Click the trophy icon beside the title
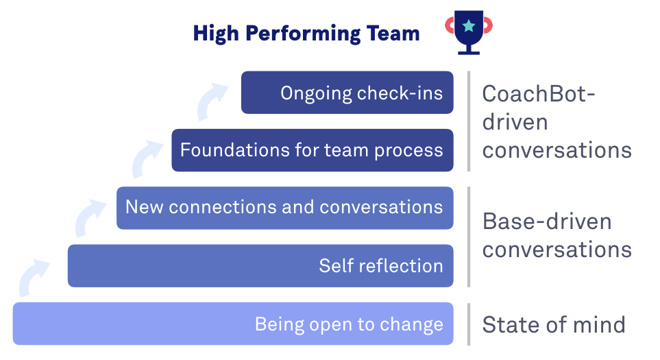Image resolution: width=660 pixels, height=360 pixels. tap(469, 33)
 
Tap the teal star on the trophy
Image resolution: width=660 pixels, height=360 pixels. tap(469, 26)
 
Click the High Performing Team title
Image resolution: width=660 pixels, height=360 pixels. tap(306, 34)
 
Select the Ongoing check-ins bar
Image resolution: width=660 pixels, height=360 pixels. tap(347, 93)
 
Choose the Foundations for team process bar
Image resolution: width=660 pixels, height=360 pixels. tap(313, 150)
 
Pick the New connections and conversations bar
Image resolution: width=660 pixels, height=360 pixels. tap(285, 208)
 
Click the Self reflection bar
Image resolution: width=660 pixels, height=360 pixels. tap(260, 265)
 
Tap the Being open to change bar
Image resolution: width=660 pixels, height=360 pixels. tap(233, 324)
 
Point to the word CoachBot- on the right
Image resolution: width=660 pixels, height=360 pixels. tap(539, 93)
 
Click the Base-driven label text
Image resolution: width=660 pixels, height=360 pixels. tap(547, 221)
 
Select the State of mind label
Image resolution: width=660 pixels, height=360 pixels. tap(554, 324)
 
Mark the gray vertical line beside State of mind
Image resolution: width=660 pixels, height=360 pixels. tap(469, 324)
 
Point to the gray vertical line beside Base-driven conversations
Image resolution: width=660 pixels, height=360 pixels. tap(469, 237)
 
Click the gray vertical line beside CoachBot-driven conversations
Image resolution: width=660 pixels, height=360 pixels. tap(469, 121)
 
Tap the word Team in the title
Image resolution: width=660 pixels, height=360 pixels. tap(393, 34)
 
